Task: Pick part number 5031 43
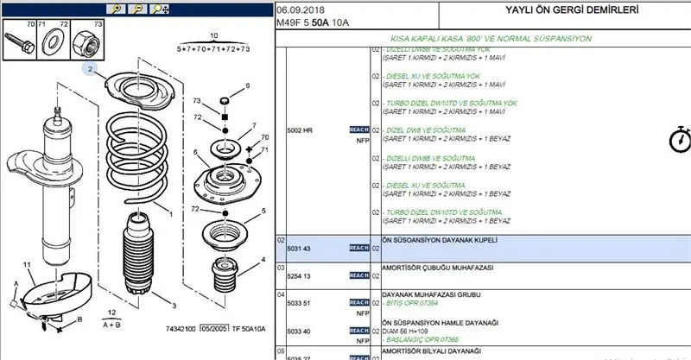click(x=299, y=249)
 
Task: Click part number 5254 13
click(x=299, y=275)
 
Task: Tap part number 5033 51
click(x=299, y=303)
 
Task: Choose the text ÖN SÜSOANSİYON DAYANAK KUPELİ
click(x=440, y=239)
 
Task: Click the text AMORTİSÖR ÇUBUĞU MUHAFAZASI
click(x=438, y=268)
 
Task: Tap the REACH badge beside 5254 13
click(x=358, y=275)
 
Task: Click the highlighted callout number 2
click(x=90, y=68)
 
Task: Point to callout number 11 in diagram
click(x=27, y=262)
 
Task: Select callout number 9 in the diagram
click(x=246, y=85)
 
